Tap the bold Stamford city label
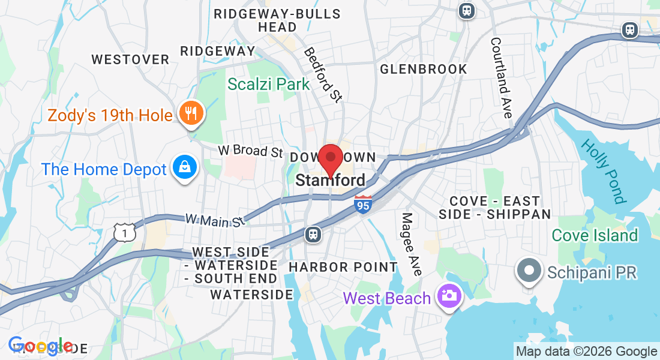click(330, 181)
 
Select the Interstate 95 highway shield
click(362, 204)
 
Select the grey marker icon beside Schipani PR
click(529, 272)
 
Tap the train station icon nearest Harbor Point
click(313, 234)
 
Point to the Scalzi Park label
click(268, 84)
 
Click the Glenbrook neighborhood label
click(424, 69)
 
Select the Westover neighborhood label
click(130, 59)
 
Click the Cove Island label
click(595, 235)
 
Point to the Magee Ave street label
click(412, 244)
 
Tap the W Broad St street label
click(250, 150)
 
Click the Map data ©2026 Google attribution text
click(587, 352)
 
